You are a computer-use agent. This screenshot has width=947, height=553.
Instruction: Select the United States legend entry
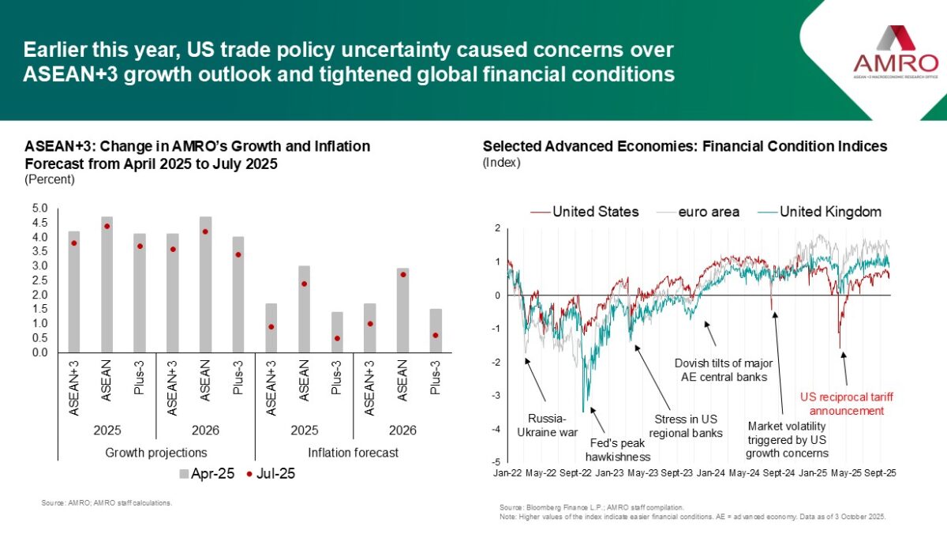click(x=585, y=212)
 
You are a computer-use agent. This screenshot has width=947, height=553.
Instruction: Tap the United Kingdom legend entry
click(x=821, y=212)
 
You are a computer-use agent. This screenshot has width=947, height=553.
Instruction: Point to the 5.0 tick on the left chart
click(x=39, y=208)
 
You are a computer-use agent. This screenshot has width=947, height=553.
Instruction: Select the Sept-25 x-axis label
click(x=880, y=472)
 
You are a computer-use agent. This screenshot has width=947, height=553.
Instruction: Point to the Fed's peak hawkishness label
click(x=618, y=450)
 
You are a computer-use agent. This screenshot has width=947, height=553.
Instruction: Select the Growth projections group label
click(x=156, y=453)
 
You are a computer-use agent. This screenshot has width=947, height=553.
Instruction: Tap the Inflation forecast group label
click(x=354, y=453)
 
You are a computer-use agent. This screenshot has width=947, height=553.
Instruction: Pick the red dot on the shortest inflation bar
click(x=337, y=338)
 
